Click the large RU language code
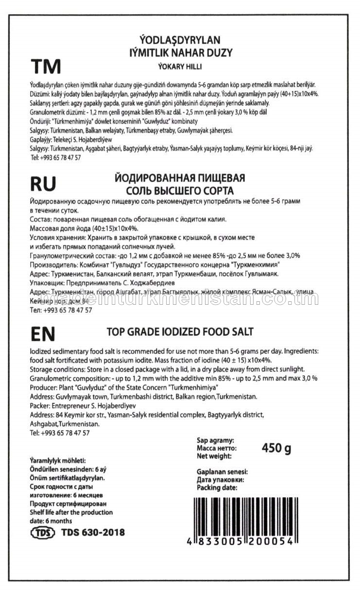coord(43,183)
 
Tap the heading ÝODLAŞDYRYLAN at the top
coord(180,40)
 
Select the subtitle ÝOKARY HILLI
coord(180,67)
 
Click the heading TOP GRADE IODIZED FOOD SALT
coord(180,332)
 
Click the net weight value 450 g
coord(276,448)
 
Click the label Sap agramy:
coord(215,439)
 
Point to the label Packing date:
coord(217,487)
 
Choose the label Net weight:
coord(214,456)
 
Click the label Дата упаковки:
coord(220,479)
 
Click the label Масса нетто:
coord(216,448)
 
